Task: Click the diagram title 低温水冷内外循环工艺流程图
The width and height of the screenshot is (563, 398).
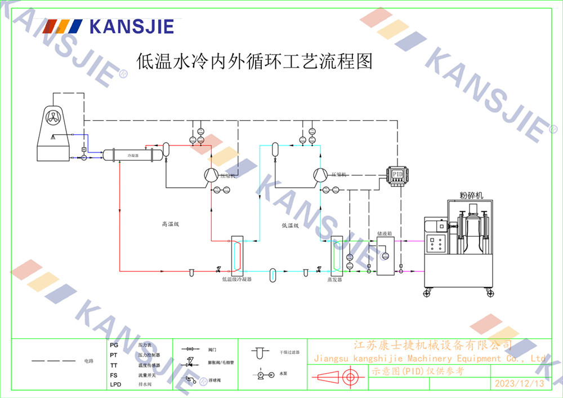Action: tap(255, 61)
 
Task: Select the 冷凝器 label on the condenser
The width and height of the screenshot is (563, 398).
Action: tap(132, 154)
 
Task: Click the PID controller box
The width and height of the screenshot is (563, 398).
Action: tap(397, 173)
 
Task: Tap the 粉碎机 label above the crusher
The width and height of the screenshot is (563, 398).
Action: tap(471, 196)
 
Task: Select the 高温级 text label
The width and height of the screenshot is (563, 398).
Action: tap(170, 224)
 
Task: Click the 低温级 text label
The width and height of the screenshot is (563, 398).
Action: tap(290, 225)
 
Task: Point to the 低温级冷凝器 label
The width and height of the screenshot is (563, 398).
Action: tap(236, 279)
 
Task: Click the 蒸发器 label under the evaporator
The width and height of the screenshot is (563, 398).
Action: tap(335, 279)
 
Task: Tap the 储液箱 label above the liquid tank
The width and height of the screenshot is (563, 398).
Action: tap(385, 232)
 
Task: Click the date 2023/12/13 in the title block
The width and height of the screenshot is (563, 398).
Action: tap(519, 384)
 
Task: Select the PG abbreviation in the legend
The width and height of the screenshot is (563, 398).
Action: tap(114, 344)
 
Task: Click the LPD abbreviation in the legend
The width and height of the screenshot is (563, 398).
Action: tap(115, 385)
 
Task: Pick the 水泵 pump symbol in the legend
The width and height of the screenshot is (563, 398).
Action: tap(264, 374)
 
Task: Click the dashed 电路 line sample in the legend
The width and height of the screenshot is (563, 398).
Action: tap(53, 360)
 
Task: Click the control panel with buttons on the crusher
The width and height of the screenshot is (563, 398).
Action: tap(435, 244)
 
